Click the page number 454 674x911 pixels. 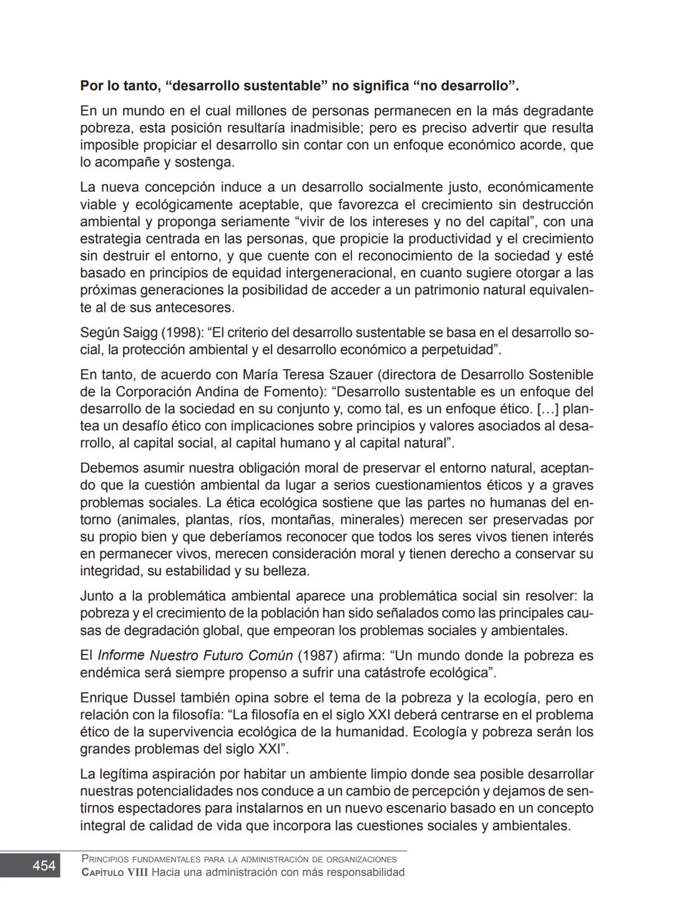pyautogui.click(x=44, y=865)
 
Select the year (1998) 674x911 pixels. pyautogui.click(x=178, y=332)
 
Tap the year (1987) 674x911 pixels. pyautogui.click(x=318, y=656)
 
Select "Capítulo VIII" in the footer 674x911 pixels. pyautogui.click(x=115, y=872)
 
